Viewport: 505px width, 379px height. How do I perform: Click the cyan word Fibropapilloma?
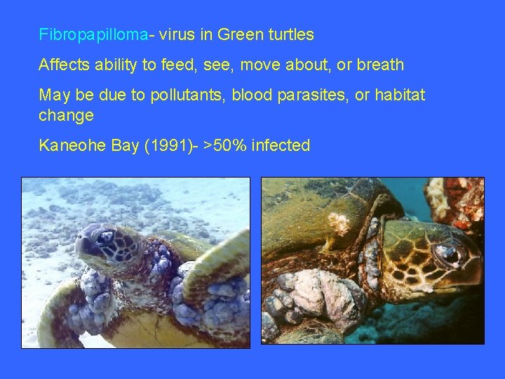point(93,34)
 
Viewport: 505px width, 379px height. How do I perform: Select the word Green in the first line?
point(239,34)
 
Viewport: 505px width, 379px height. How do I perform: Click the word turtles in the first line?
point(290,34)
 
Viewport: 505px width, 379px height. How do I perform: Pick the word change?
point(66,114)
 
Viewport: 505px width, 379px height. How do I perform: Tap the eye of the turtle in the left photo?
point(107,237)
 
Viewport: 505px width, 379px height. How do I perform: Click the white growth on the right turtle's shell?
point(339,222)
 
